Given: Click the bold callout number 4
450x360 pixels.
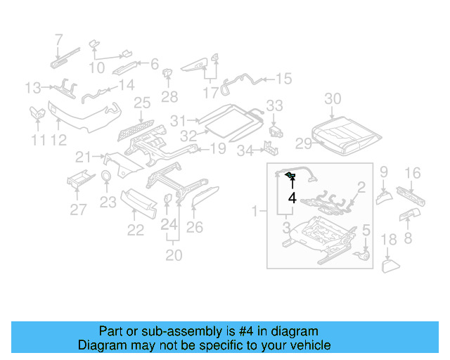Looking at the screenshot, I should point(292,198).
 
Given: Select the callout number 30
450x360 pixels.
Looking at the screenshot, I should point(333,98).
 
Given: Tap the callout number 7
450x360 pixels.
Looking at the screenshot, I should point(58,39).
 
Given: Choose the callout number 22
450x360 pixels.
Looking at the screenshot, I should point(135,230).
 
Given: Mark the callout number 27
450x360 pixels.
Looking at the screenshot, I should point(78,209).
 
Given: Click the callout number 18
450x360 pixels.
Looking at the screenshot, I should point(389,241).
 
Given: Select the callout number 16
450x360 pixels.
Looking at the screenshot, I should point(413,172).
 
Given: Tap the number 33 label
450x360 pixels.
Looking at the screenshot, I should point(274,105).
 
